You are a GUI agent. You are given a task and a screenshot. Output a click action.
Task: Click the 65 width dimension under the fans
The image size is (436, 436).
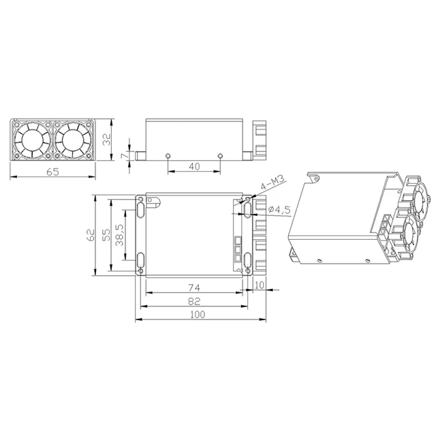[x=53, y=172]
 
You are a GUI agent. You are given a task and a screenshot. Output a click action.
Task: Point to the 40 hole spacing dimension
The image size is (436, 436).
[x=194, y=166]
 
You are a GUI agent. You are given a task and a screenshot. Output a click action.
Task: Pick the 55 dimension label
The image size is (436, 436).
[x=106, y=235]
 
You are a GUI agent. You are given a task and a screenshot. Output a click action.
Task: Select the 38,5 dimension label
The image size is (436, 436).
[x=120, y=235]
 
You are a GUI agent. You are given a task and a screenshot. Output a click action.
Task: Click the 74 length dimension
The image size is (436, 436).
[x=194, y=286]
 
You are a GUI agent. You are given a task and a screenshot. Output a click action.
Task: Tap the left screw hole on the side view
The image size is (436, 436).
[x=168, y=156]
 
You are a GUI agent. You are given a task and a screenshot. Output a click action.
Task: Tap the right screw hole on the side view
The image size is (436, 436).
[x=219, y=156]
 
